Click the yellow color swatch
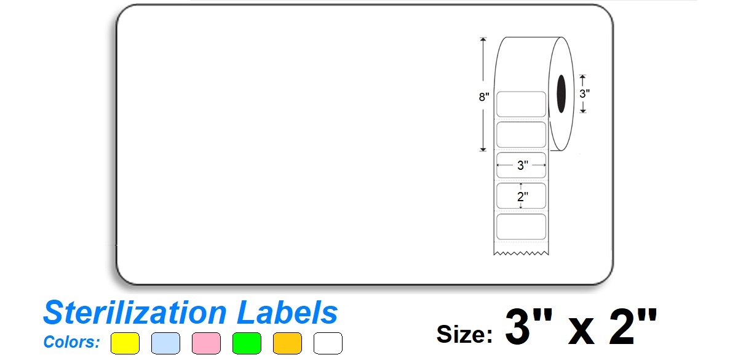click(125, 343)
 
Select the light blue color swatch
click(165, 343)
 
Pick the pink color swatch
click(206, 343)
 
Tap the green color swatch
click(247, 343)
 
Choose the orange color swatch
click(287, 343)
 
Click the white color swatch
click(328, 343)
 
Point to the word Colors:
click(71, 342)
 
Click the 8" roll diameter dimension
click(483, 97)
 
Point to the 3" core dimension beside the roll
click(585, 94)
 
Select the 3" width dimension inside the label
click(522, 165)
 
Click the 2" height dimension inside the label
click(522, 196)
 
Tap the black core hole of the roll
click(561, 94)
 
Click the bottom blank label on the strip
click(522, 226)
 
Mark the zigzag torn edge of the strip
click(521, 253)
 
